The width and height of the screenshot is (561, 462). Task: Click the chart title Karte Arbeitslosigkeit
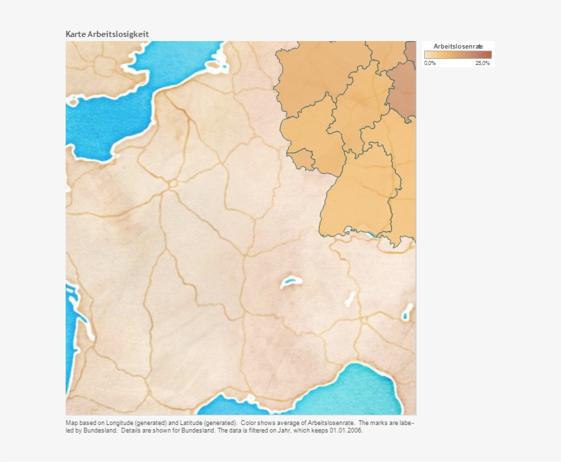[x=107, y=34]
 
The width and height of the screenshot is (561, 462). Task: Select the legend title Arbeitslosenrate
[x=458, y=47]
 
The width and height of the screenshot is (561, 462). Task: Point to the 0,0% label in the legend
[x=430, y=63]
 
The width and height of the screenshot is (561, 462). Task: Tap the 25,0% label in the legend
[x=482, y=63]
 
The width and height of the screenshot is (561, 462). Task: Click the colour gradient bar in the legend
[x=457, y=55]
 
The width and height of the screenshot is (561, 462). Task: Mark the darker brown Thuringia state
[x=403, y=89]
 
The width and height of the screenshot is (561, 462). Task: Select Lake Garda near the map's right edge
[x=407, y=315]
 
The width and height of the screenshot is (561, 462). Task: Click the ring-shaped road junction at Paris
[x=172, y=183]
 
